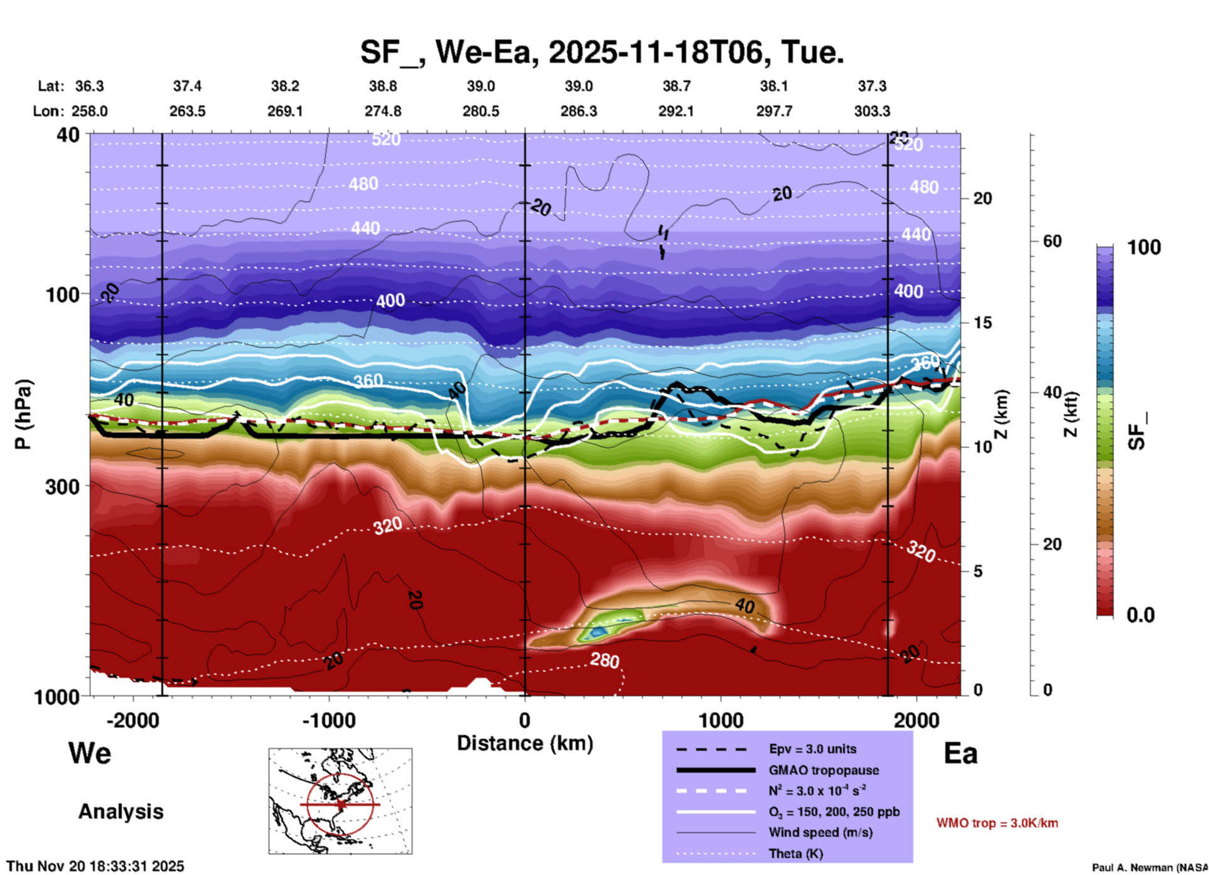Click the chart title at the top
601,51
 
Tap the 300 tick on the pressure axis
62,486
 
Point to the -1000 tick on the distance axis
328,721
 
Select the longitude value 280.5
481,111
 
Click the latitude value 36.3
90,86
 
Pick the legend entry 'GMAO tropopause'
824,770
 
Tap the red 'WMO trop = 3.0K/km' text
997,823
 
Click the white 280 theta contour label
604,660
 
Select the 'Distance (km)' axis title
525,743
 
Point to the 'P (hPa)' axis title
23,414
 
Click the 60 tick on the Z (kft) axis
1052,241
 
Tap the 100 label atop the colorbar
1144,247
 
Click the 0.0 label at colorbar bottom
1141,615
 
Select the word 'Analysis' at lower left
121,812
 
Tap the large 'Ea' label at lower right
960,754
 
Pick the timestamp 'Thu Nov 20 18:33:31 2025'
95,866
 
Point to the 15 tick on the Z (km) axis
982,323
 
